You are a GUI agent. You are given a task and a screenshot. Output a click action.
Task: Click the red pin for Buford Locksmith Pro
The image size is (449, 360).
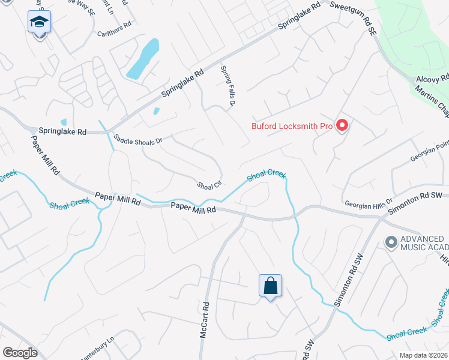pos(342,125)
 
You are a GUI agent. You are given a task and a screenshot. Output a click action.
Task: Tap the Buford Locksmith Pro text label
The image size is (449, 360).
pos(291,126)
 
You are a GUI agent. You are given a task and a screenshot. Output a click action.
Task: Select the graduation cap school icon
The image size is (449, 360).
pos(40,22)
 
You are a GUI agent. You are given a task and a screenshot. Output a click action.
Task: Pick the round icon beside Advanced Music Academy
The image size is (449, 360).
pos(391,242)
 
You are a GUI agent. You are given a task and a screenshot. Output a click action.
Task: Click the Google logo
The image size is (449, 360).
pos(20,353)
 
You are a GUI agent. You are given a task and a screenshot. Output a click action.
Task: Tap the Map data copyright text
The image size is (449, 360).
pos(424,355)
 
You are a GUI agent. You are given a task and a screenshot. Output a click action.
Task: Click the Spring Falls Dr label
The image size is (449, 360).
pos(226,86)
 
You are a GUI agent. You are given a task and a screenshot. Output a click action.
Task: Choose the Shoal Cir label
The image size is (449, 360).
pos(210,184)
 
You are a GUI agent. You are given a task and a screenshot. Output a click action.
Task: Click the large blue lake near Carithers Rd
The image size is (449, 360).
pos(143,60)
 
